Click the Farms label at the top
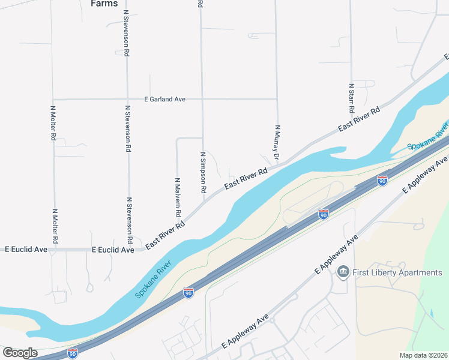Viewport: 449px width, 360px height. [x=104, y=4]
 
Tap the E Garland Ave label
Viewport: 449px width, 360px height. [x=164, y=99]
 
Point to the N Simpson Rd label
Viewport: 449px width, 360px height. [x=203, y=172]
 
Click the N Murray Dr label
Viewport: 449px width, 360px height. [x=277, y=143]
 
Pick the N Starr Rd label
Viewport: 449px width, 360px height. [x=352, y=98]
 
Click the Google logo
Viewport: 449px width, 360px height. [x=19, y=353]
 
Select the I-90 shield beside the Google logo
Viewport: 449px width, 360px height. [x=73, y=353]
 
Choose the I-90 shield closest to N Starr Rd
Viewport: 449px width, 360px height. [x=382, y=180]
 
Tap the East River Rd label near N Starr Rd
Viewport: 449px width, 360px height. [x=359, y=119]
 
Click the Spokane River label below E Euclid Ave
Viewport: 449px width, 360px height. [x=153, y=279]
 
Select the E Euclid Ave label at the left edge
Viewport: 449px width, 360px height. [x=26, y=249]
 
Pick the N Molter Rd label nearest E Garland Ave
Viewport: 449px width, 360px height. [x=53, y=124]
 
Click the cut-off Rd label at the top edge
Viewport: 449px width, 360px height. [x=200, y=4]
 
